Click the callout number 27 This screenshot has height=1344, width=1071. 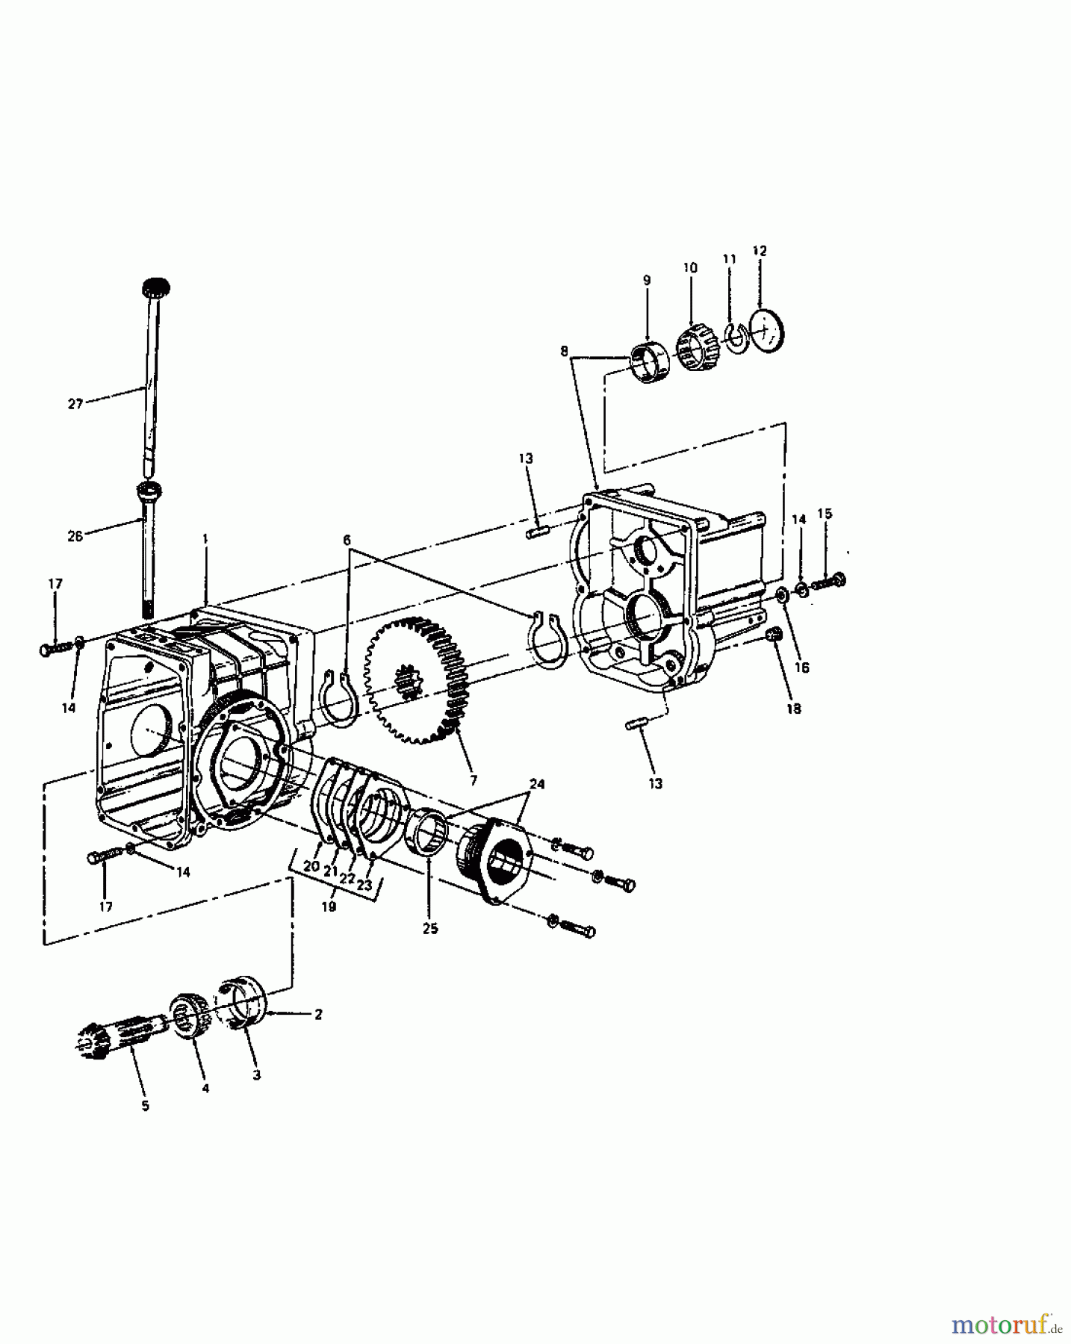(75, 404)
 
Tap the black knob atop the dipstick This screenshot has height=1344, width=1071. (155, 287)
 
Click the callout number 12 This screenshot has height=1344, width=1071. (760, 252)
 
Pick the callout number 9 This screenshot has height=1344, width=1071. (647, 280)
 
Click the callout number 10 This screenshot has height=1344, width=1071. (690, 267)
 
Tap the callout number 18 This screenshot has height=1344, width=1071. (794, 709)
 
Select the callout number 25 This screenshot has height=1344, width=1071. (430, 929)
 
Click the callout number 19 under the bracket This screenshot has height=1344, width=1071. (329, 906)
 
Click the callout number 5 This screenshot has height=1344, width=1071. (145, 1105)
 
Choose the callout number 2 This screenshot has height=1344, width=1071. (318, 1014)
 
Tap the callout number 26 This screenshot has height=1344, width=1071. (75, 536)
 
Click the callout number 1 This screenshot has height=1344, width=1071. (205, 538)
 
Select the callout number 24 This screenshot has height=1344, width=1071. (538, 784)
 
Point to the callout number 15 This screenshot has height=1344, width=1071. (825, 514)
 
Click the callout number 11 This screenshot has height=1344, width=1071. (730, 259)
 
